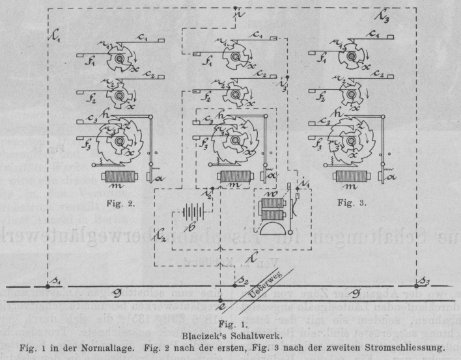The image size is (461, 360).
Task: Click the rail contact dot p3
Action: [x=416, y=286]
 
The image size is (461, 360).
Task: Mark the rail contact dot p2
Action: [x=235, y=286]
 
